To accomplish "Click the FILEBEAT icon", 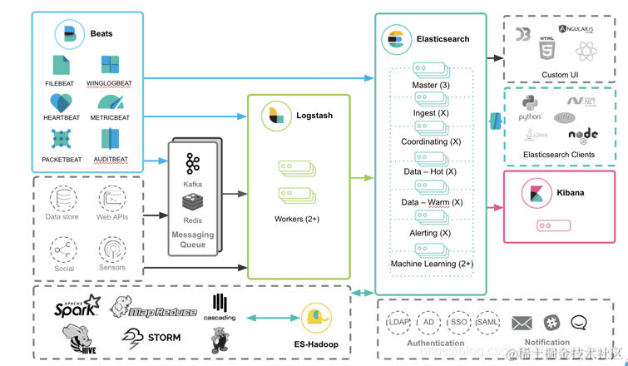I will tap(61, 65).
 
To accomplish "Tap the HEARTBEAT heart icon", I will tap(61, 102).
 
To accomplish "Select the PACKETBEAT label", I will tap(62, 160).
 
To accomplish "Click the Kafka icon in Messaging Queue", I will tap(193, 163).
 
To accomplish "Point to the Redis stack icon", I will tap(193, 202).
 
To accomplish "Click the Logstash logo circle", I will tap(275, 116).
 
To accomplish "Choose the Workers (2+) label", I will tap(297, 220).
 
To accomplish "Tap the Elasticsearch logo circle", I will tap(396, 39).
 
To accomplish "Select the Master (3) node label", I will tap(431, 86).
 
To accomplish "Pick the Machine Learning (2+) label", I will tap(432, 264).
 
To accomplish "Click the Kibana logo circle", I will tap(537, 193).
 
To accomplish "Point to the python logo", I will tap(530, 104).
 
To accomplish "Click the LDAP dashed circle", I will tap(398, 322).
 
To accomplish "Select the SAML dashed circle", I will tap(487, 322).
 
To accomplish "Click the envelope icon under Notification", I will tap(522, 323).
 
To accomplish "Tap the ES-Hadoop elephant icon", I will tap(316, 318).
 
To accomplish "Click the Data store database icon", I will tap(62, 199).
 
